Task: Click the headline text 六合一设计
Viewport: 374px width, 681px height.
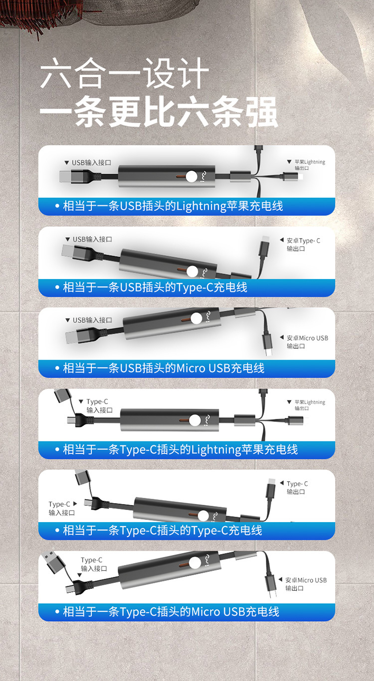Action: click(x=125, y=73)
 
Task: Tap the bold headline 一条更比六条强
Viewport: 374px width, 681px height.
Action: click(x=159, y=112)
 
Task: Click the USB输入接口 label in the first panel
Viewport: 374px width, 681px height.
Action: click(x=91, y=162)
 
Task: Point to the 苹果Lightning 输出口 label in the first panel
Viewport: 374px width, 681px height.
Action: click(x=310, y=165)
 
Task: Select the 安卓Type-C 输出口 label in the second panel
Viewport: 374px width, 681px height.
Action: click(x=303, y=245)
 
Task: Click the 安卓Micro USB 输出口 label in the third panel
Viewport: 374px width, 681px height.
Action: click(x=307, y=342)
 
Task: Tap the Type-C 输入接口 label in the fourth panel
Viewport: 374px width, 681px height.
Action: click(x=99, y=406)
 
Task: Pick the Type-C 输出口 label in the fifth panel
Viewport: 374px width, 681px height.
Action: click(x=297, y=487)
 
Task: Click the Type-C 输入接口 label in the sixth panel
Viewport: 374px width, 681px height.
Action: click(x=94, y=564)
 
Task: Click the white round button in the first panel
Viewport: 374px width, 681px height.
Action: click(x=191, y=176)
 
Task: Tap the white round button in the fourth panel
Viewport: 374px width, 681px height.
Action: click(x=195, y=420)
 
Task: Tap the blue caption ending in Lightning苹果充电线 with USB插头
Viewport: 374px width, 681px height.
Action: click(x=173, y=206)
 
